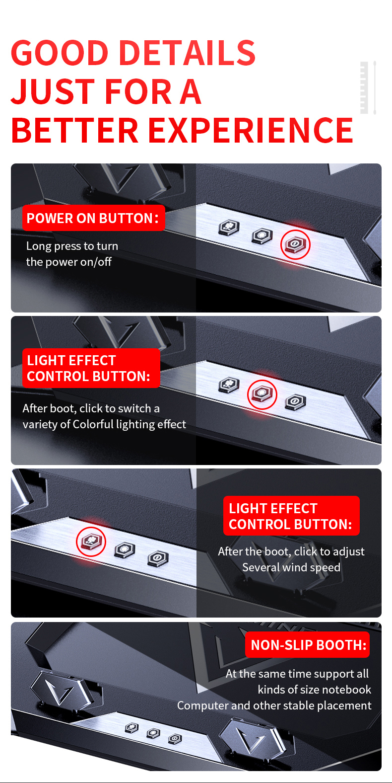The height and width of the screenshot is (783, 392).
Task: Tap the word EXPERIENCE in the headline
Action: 251,130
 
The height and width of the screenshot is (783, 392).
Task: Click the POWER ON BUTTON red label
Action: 94,218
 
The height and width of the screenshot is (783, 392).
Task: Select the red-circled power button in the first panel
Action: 295,244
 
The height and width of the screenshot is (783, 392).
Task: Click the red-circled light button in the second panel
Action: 262,394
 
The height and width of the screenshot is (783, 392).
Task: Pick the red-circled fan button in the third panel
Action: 91,542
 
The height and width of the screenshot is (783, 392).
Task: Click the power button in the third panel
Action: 158,558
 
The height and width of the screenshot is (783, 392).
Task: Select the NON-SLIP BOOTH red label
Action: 308,644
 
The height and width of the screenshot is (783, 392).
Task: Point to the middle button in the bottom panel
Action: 153,733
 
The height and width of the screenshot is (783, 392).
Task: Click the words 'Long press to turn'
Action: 72,246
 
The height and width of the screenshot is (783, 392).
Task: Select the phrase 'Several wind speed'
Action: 291,567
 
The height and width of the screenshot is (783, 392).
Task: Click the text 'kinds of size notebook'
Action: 315,689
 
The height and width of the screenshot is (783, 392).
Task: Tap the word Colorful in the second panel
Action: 93,424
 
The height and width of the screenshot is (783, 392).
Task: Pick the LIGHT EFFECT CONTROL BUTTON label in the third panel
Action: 291,516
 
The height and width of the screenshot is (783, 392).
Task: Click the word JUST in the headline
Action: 53,91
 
